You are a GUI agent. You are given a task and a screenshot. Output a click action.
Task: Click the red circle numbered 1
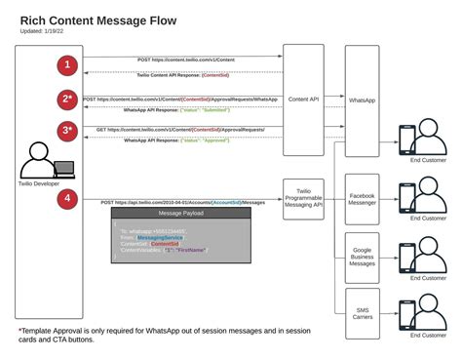pos(67,66)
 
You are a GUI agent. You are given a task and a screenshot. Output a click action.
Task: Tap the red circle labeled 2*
pos(67,100)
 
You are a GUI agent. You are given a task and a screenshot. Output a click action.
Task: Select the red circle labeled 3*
pos(67,132)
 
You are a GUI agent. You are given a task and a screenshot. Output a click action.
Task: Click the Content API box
pos(303,99)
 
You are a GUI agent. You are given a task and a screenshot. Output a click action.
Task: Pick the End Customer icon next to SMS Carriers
pos(426,313)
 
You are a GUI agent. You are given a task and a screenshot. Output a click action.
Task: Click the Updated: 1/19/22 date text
pos(45,31)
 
